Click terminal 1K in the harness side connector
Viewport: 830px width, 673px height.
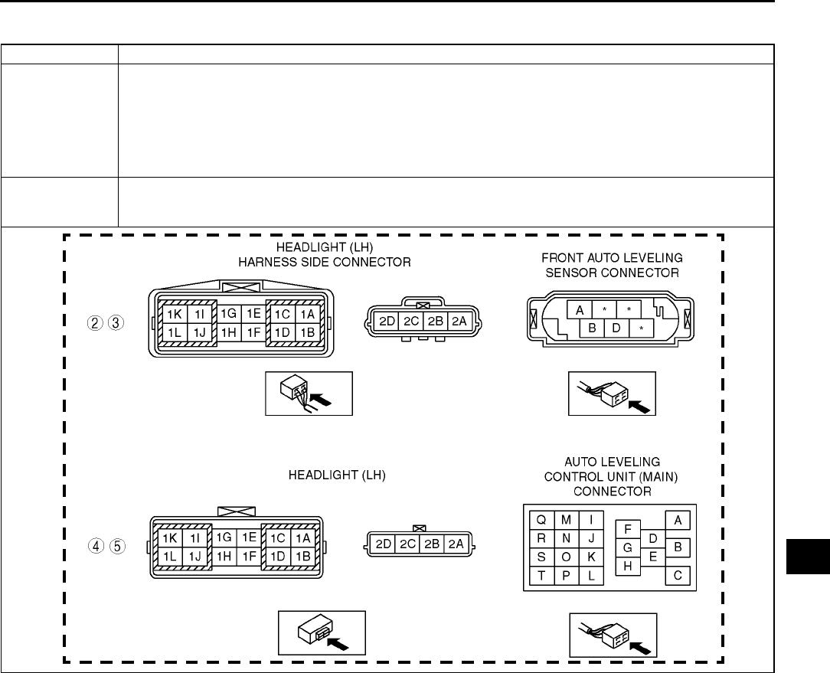[174, 313]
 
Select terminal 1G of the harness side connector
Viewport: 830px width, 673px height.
[228, 313]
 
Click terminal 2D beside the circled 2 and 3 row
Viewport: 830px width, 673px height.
[387, 321]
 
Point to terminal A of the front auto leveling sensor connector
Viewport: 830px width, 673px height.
[580, 310]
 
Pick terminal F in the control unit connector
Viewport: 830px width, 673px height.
[628, 529]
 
